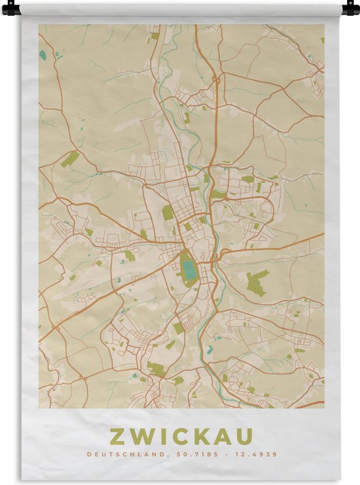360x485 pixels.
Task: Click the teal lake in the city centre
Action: [188, 268]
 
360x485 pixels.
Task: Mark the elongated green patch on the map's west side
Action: [70, 159]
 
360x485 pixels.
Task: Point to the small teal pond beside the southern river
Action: [209, 350]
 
